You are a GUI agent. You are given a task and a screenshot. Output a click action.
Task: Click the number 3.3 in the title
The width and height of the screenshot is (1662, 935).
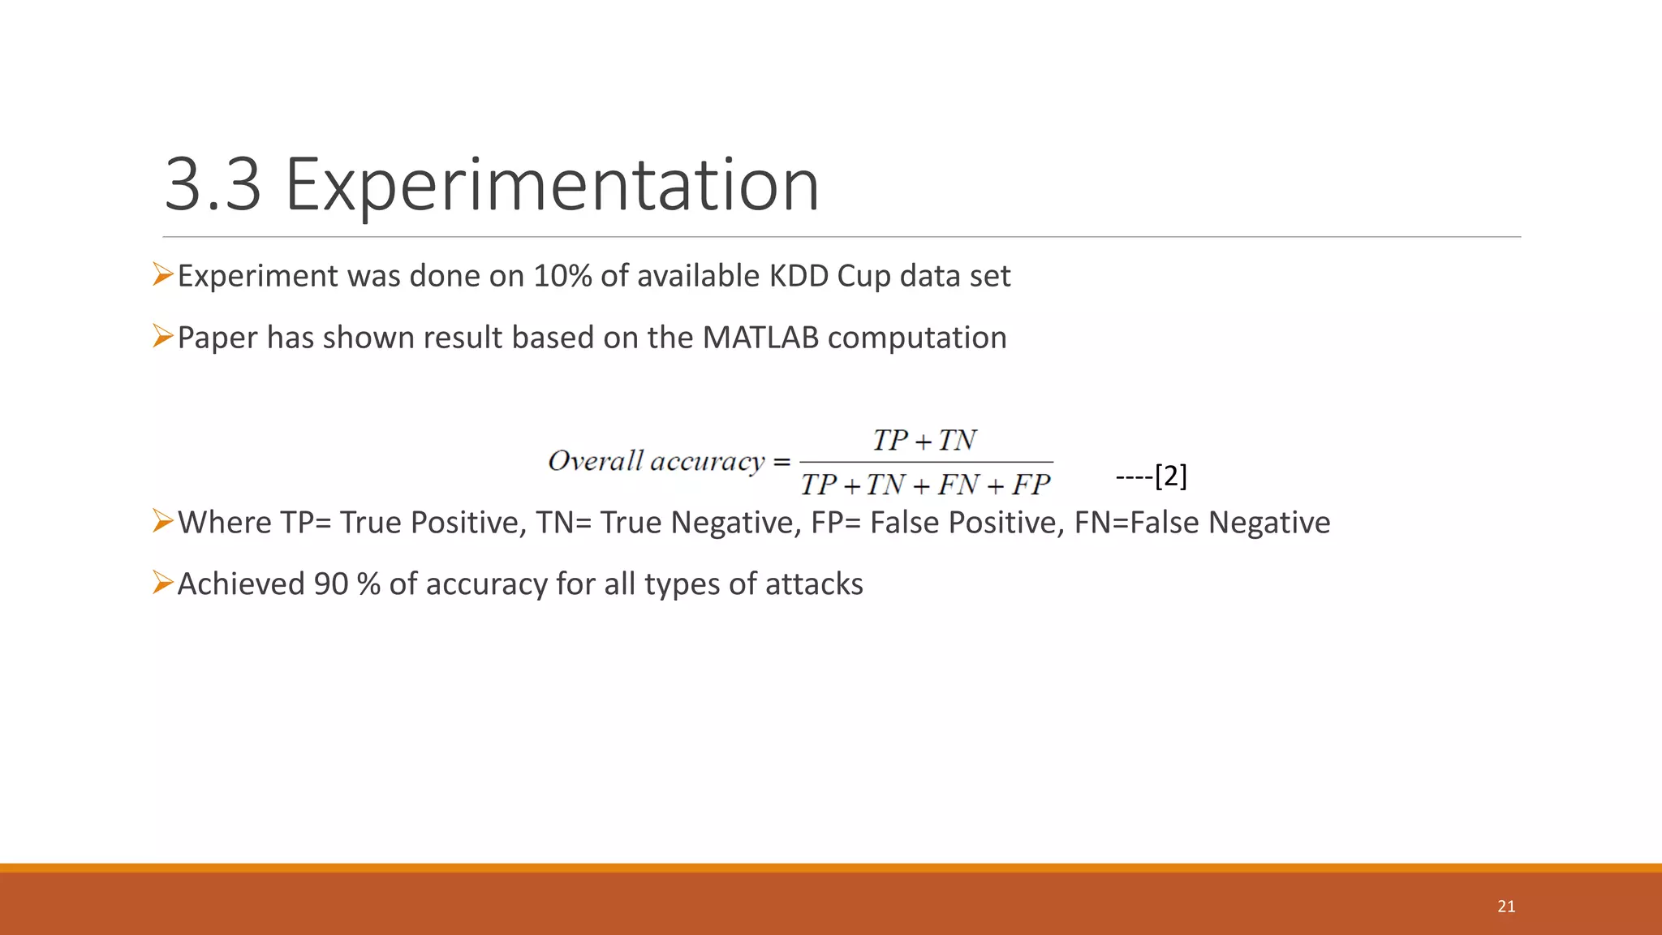click(213, 185)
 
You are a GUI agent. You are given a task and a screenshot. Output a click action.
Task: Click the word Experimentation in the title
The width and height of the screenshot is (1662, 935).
click(552, 187)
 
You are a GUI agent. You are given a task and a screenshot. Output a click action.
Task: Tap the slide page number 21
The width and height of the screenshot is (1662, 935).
click(1506, 907)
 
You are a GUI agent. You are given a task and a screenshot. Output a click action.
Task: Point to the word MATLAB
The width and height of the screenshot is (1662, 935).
click(760, 338)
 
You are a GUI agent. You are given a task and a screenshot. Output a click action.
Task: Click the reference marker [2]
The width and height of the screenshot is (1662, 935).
click(1170, 476)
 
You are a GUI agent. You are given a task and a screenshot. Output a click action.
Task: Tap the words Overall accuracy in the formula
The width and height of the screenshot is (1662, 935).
click(656, 461)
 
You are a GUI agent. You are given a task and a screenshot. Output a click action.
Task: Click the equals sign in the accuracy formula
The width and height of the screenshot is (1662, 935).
click(781, 462)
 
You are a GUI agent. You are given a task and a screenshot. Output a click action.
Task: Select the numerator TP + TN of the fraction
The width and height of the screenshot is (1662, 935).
click(924, 440)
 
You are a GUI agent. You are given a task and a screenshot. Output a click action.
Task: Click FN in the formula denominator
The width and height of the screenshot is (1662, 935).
click(958, 485)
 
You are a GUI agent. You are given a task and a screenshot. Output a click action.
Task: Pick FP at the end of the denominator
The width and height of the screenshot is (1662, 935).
click(1031, 485)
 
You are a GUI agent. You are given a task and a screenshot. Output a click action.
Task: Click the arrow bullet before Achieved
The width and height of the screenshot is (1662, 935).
click(162, 583)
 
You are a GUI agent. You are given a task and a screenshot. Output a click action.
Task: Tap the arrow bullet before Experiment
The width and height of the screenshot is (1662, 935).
click(162, 275)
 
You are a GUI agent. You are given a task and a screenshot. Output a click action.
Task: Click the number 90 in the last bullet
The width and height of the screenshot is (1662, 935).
click(330, 584)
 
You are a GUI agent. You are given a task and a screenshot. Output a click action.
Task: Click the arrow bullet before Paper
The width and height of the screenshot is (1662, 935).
click(162, 336)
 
